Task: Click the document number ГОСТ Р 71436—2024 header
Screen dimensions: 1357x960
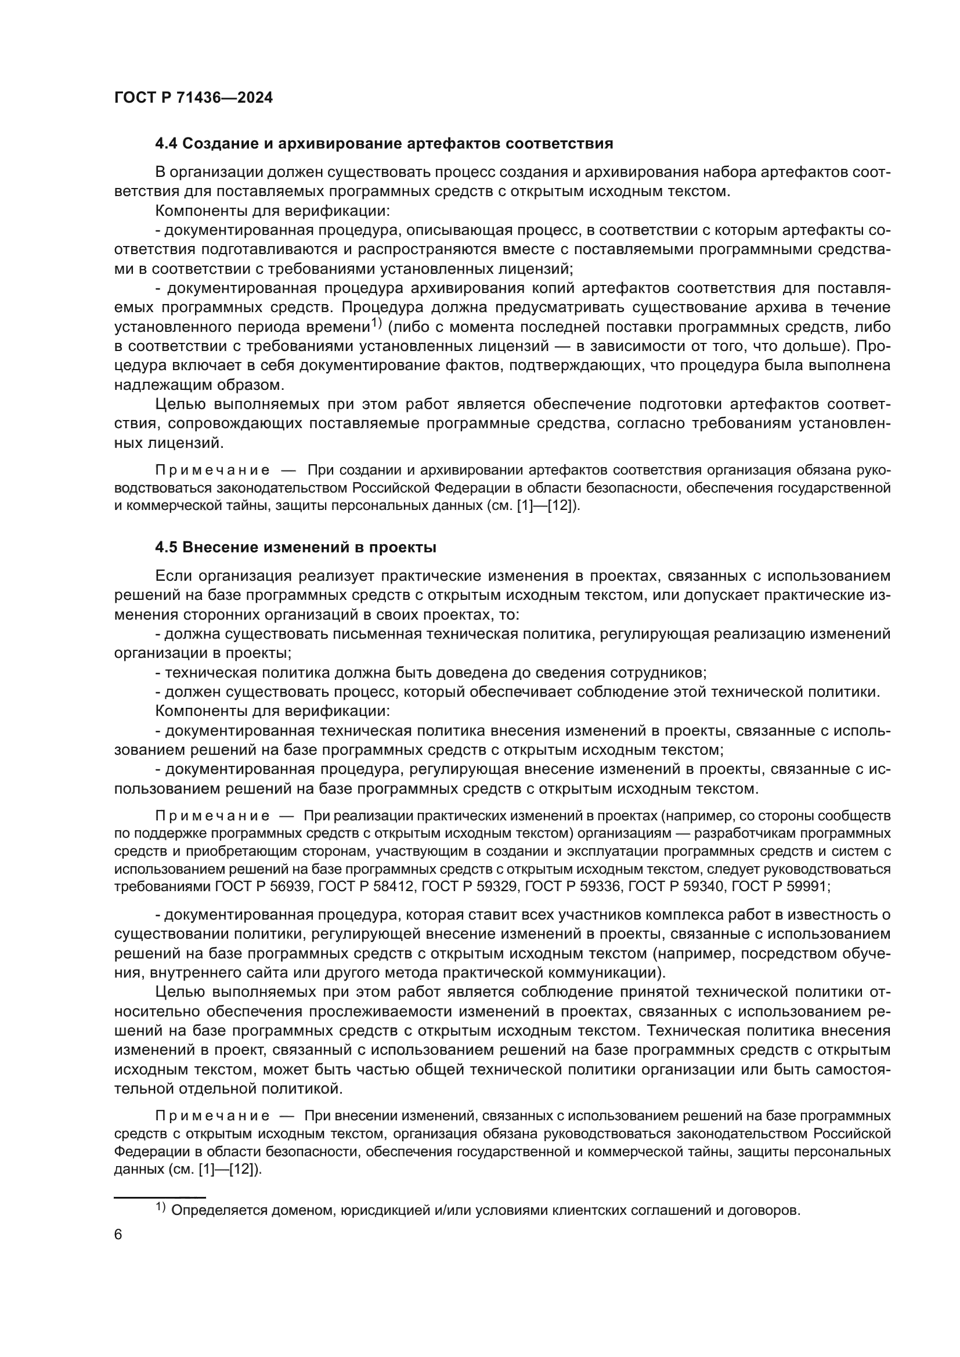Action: coord(193,98)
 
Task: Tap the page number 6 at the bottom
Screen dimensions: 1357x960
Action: coord(118,1235)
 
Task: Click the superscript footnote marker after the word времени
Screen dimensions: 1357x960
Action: coord(377,323)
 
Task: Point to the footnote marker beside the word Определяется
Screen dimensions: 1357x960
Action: coord(161,1207)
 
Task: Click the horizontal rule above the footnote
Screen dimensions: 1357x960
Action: coord(159,1194)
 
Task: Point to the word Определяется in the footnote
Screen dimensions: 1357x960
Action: coord(215,1210)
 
